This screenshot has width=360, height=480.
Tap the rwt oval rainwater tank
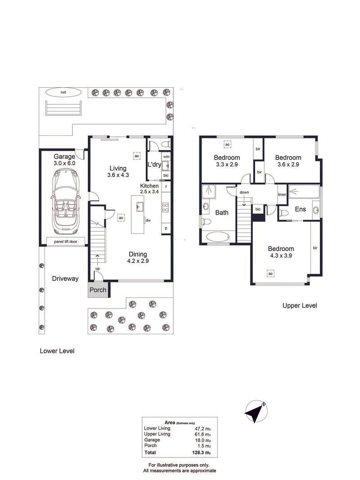(63, 92)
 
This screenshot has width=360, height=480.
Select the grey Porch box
(98, 290)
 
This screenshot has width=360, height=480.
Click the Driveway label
(65, 278)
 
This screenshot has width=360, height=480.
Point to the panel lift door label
(66, 242)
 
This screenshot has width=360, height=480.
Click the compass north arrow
(256, 412)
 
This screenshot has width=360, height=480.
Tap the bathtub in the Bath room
(218, 237)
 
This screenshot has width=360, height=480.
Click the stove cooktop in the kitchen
(166, 207)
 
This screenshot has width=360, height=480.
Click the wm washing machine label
(166, 157)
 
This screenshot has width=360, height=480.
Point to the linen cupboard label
(282, 194)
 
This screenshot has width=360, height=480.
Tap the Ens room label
(300, 209)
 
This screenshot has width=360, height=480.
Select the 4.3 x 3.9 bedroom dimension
(281, 256)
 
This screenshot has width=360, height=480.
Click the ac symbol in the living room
(136, 156)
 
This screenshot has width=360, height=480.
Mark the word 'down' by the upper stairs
(244, 192)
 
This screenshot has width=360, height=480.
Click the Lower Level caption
(57, 351)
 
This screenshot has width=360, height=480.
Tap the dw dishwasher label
(148, 220)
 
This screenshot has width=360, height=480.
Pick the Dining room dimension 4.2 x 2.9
(138, 261)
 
